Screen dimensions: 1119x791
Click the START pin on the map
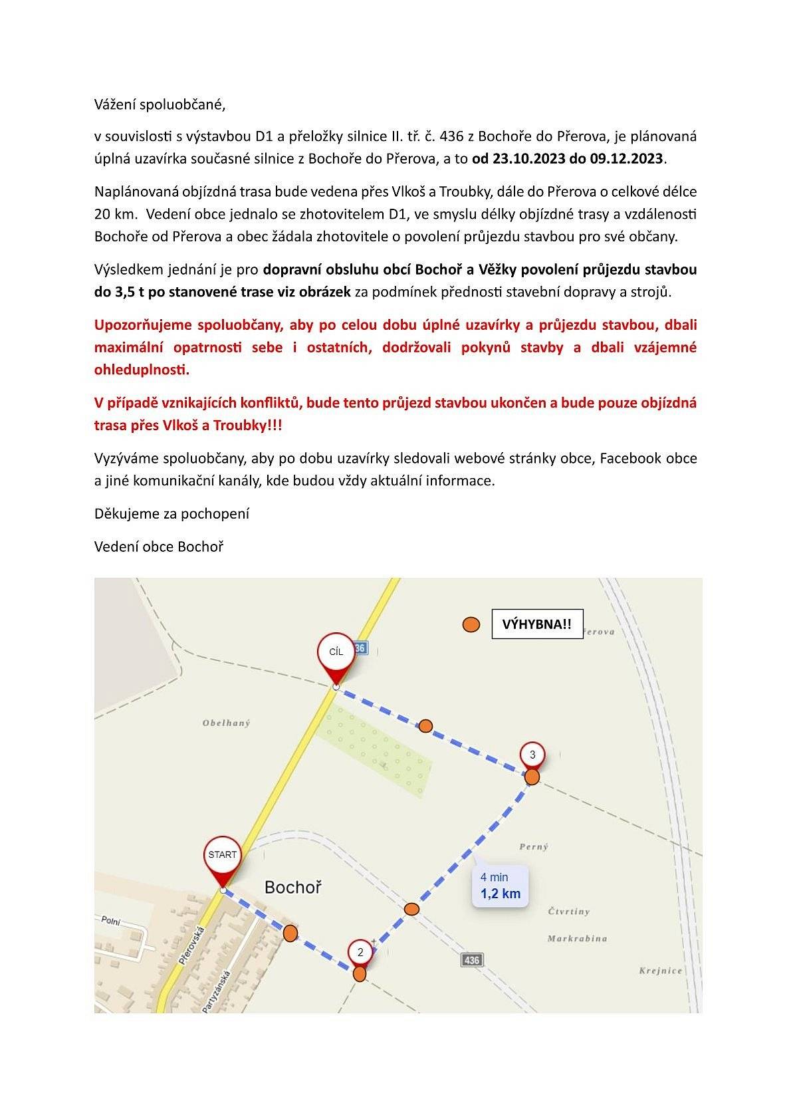(222, 855)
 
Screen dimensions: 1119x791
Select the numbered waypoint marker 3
(532, 755)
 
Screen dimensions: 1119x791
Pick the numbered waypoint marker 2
(360, 952)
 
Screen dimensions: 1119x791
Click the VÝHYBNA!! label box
(537, 624)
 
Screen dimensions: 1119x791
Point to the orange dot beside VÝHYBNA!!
(471, 624)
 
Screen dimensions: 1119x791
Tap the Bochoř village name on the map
(292, 887)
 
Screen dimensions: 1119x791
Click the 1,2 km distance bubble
(501, 886)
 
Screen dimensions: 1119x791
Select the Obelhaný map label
(227, 723)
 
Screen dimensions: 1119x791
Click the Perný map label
(534, 847)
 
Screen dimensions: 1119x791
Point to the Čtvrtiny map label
(569, 912)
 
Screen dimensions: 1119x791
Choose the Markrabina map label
(577, 939)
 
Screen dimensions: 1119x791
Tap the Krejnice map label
(661, 971)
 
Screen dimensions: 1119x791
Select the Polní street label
(110, 921)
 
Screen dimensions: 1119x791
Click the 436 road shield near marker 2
(471, 960)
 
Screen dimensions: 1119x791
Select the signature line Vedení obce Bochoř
(159, 547)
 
